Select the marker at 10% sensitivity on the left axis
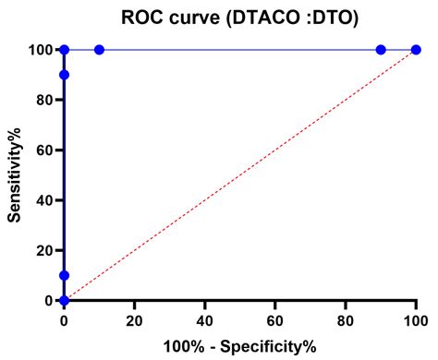(x=64, y=275)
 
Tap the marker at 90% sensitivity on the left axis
(x=64, y=75)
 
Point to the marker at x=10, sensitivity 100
(x=99, y=50)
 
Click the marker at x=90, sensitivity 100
(x=381, y=50)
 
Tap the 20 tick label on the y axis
(x=42, y=250)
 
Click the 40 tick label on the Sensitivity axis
(x=42, y=200)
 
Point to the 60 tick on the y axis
(x=42, y=150)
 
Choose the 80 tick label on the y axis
(x=42, y=100)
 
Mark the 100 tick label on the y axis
(x=38, y=50)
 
